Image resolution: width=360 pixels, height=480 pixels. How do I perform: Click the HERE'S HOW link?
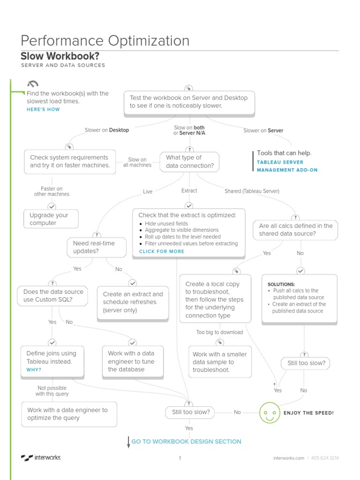point(43,109)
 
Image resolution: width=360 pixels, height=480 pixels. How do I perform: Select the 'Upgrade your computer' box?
point(51,219)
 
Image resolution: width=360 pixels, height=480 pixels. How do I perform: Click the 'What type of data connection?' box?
point(189,162)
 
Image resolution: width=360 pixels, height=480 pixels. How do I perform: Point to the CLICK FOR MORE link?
point(162,251)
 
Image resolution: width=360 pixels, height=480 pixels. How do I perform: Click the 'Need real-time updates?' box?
point(97,247)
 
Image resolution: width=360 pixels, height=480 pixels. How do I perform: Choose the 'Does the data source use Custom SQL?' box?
point(52,295)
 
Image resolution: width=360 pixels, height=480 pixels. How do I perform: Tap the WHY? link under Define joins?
point(34,370)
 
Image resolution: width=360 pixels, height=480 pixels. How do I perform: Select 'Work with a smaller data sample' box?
point(220,362)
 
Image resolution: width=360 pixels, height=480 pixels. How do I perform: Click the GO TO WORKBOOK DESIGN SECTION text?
point(186,442)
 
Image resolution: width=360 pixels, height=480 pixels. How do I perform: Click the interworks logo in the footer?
point(41,457)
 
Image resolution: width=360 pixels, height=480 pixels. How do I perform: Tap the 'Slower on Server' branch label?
point(263,131)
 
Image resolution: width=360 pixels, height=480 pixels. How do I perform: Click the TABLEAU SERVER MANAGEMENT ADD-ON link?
point(287,166)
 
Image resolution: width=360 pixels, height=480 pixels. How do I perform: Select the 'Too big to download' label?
point(219,332)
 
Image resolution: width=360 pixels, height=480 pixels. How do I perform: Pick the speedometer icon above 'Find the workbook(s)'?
point(33,84)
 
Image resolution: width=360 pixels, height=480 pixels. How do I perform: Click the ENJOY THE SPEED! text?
point(308,413)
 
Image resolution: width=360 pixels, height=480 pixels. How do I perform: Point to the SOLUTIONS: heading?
point(281,285)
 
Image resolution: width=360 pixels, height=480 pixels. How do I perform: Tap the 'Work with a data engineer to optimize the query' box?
point(69,414)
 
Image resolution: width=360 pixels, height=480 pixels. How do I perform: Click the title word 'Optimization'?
point(149,41)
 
